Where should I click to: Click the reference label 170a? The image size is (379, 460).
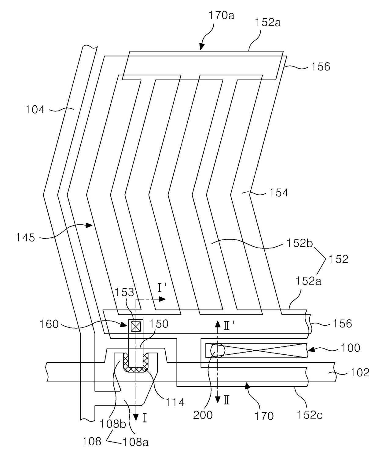pos(221,16)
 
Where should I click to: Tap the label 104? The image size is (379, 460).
pos(35,109)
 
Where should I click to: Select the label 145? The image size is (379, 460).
pos(25,237)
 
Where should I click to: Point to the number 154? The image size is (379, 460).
pos(278,193)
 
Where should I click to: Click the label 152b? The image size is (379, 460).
pos(300,243)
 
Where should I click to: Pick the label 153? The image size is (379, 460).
pos(124,292)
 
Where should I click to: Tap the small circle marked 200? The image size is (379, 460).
pos(217,350)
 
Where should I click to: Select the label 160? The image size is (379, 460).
pos(49,324)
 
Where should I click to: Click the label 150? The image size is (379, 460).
pos(159,324)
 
